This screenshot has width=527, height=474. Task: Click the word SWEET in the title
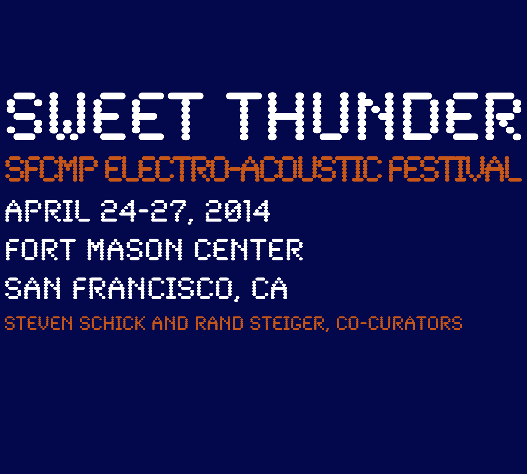coord(105,116)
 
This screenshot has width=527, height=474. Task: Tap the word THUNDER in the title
coord(374,116)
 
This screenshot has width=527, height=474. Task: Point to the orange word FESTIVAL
coord(455,169)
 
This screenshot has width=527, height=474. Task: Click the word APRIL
coord(48,211)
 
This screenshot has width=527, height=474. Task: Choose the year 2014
coord(238,211)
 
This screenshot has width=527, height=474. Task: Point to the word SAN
coord(33,288)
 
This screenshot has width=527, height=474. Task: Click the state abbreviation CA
coord(269,288)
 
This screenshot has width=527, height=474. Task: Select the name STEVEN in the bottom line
coord(38,323)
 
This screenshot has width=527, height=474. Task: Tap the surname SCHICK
coord(112,323)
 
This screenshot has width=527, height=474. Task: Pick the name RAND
coord(219,323)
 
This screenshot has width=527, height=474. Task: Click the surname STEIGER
coord(288,323)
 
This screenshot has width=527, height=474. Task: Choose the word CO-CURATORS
coord(399,323)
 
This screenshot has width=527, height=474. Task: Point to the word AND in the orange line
coord(170,323)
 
